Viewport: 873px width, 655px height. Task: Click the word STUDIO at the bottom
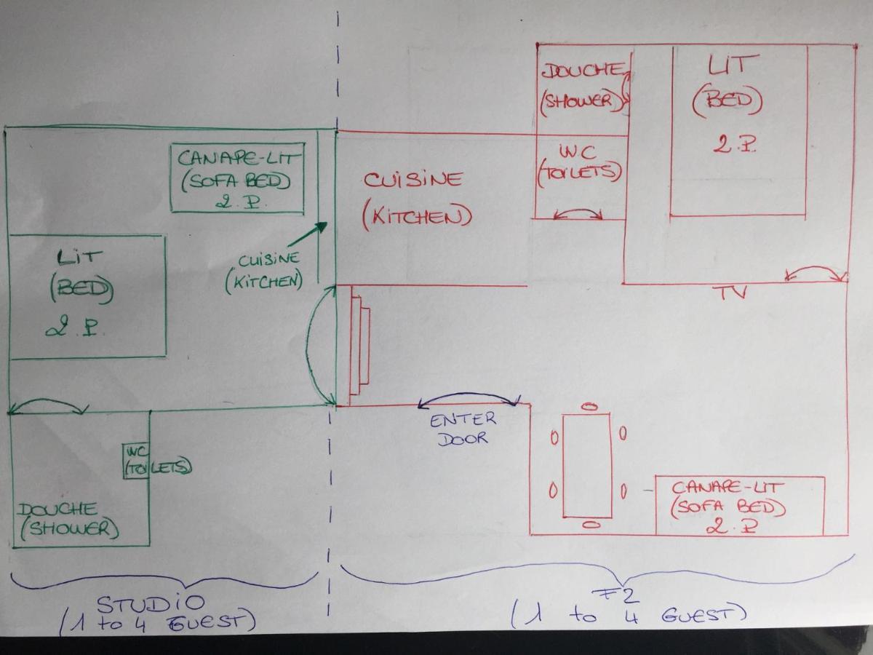[x=151, y=605]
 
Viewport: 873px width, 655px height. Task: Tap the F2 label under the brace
[x=614, y=597]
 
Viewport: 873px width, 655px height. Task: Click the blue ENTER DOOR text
[x=463, y=429]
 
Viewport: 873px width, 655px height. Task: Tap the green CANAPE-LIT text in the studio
[x=237, y=159]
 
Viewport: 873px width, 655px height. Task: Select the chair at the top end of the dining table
[x=591, y=406]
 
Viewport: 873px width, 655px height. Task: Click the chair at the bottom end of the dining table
[x=591, y=525]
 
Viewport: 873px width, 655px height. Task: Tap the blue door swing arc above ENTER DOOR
[x=469, y=394]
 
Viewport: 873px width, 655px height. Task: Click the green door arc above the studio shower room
[x=48, y=400]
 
